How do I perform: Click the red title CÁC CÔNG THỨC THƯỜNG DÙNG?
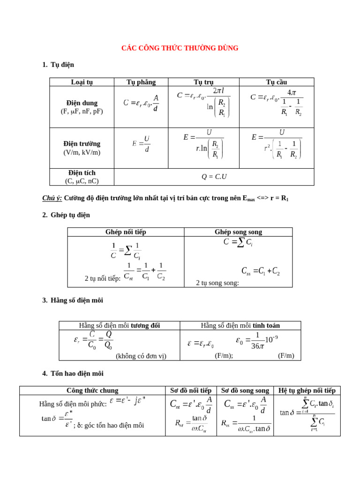click(x=180, y=48)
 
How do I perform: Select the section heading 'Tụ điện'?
click(x=62, y=65)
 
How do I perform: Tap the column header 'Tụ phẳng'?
click(x=141, y=82)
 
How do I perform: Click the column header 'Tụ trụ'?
click(x=203, y=82)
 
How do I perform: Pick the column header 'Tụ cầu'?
click(x=277, y=82)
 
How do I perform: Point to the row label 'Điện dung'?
click(x=82, y=103)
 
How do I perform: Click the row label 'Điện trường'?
click(x=82, y=144)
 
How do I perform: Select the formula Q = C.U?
click(x=214, y=177)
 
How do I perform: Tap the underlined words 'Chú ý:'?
click(x=52, y=198)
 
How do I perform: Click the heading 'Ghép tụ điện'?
click(x=70, y=215)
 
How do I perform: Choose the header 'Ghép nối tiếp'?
click(x=126, y=232)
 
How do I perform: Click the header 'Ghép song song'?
click(x=238, y=232)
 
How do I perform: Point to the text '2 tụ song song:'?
click(x=217, y=283)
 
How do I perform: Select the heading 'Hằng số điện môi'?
click(x=76, y=300)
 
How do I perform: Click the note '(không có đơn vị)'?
click(x=141, y=356)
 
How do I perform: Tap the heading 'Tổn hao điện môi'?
click(x=77, y=373)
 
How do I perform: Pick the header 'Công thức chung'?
click(x=92, y=390)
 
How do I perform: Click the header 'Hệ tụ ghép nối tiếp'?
click(x=307, y=390)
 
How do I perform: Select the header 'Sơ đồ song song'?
click(x=245, y=390)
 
